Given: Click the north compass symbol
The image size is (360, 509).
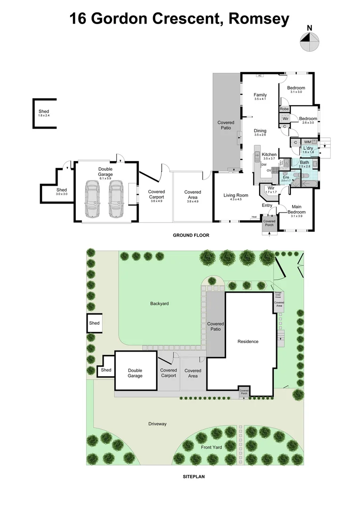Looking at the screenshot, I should [309, 42].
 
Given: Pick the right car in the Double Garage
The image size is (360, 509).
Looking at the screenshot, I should [116, 198].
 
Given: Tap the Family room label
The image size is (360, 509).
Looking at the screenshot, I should [260, 95].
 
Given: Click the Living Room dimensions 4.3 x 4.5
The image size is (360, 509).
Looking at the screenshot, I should [235, 199].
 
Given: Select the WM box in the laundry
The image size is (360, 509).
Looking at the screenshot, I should [308, 141].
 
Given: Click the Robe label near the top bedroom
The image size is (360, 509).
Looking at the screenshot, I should [284, 109].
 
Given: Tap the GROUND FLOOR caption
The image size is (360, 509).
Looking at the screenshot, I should [191, 235].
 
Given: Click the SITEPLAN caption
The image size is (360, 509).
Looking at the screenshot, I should [193, 476].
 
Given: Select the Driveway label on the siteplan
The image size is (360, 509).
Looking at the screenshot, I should [157, 424].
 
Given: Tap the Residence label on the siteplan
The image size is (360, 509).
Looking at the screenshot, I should [248, 341].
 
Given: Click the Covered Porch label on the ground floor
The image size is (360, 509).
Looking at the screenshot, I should [269, 222].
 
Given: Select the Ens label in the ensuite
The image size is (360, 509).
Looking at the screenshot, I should [286, 176].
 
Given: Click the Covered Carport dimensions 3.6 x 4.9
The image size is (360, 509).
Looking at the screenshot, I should [156, 201].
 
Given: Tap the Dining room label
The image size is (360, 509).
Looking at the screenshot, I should [260, 131].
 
